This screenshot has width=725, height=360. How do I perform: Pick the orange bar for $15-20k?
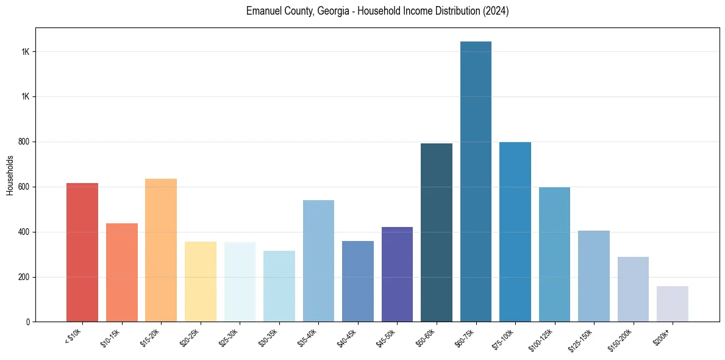coord(161,250)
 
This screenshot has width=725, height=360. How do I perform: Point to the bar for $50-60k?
coord(437,232)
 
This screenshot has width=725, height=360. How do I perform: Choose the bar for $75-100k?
coord(515,232)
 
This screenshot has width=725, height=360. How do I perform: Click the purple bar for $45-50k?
coord(397,274)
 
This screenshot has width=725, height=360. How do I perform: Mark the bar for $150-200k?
coord(633,289)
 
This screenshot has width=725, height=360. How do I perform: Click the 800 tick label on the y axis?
coord(24,142)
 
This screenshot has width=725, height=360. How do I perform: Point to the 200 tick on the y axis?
coord(24,277)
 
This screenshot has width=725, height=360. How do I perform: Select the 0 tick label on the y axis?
coord(28,322)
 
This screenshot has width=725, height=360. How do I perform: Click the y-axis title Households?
coord(10,175)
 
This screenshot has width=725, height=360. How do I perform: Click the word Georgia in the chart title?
coord(332,12)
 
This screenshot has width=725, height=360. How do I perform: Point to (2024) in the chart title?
coord(495,12)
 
